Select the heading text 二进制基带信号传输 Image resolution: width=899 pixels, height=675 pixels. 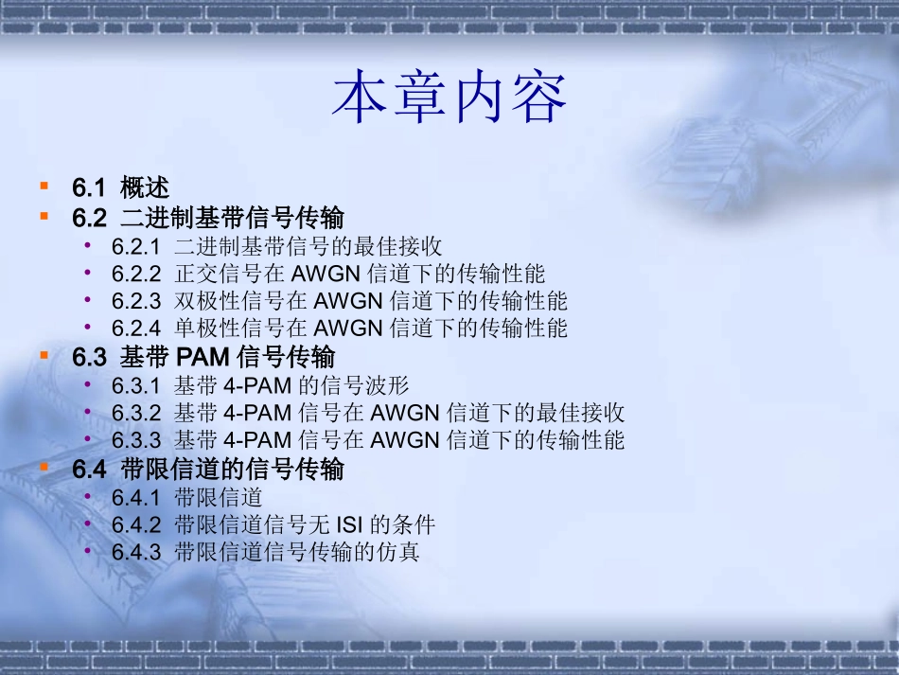point(232,218)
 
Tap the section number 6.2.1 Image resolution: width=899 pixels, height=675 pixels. point(136,247)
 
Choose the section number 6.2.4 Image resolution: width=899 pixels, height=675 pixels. point(136,329)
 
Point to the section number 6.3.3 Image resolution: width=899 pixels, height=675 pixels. point(136,441)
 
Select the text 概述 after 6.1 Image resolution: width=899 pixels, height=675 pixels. point(145,187)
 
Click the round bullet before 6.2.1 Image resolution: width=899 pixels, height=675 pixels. point(88,246)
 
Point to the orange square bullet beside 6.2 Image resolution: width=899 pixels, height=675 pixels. point(44,216)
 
